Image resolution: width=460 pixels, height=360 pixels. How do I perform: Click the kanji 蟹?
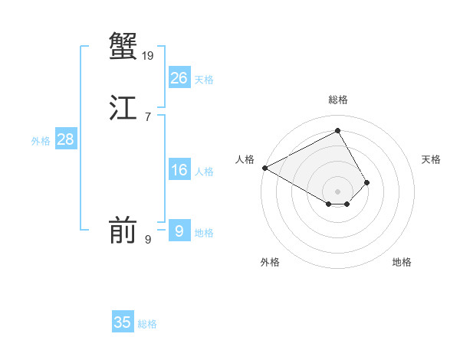click(x=123, y=47)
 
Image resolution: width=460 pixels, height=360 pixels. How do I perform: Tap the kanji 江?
click(x=123, y=108)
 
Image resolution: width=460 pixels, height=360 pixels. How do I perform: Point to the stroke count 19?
click(x=148, y=56)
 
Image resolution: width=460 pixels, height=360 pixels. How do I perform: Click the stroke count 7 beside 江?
click(x=147, y=117)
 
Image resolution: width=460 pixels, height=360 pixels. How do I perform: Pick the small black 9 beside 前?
click(x=148, y=240)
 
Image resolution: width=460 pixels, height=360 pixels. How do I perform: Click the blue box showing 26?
click(x=179, y=78)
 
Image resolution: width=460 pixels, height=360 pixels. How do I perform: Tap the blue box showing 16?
click(x=179, y=170)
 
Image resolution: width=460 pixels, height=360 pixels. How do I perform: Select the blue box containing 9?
click(x=179, y=231)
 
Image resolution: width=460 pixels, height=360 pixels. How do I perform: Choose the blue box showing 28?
click(x=65, y=139)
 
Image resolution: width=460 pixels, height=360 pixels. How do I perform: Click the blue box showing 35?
click(x=123, y=322)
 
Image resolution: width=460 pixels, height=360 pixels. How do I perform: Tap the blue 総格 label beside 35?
click(x=147, y=324)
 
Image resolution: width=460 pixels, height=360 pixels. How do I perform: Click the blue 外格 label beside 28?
click(x=41, y=141)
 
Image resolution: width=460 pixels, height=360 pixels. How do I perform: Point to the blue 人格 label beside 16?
click(x=204, y=172)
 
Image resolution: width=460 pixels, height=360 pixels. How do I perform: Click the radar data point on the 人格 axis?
click(x=264, y=168)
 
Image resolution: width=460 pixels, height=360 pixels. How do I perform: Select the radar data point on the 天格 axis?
click(x=367, y=182)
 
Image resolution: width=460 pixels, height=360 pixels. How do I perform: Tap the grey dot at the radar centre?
click(x=338, y=191)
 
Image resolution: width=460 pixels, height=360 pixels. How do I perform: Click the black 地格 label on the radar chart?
click(x=402, y=262)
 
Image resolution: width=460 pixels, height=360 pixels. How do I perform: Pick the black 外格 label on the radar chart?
click(x=270, y=262)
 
